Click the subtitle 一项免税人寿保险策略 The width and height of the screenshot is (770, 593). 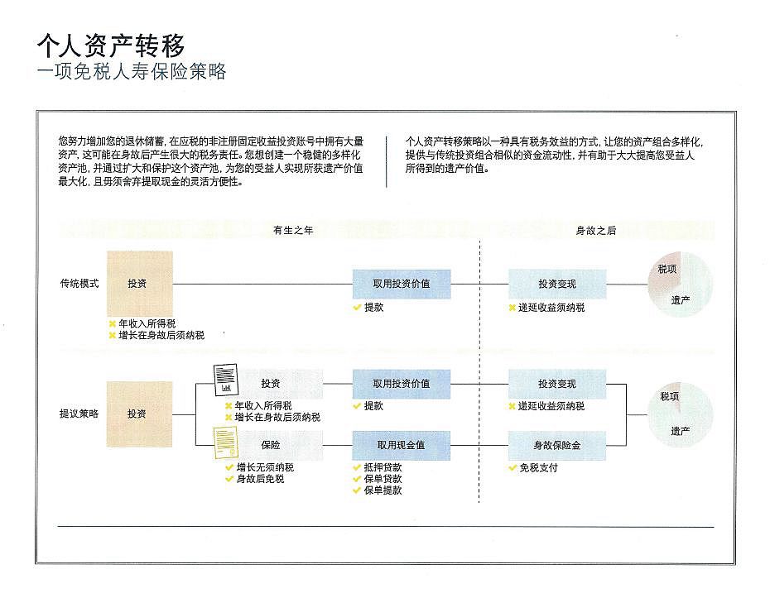point(132,71)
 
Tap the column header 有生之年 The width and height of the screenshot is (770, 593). point(293,231)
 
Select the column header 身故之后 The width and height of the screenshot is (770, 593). point(596,231)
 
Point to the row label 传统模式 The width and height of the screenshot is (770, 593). point(79,284)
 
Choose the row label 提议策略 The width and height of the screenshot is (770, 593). point(79,414)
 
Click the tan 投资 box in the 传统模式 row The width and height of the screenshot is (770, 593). point(139,284)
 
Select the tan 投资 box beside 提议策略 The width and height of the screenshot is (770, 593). point(139,414)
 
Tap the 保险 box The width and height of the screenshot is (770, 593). point(272,446)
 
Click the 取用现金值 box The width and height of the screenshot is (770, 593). point(402,446)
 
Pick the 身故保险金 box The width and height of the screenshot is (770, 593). point(556,446)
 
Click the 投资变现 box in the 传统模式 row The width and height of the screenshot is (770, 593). point(556,284)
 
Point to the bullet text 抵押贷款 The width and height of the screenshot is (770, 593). point(383,467)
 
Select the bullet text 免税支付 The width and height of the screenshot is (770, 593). point(538,467)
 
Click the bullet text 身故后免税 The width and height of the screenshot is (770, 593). point(260,479)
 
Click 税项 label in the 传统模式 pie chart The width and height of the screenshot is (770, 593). point(667,270)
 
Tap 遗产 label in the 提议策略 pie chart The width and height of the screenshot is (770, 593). point(681,430)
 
